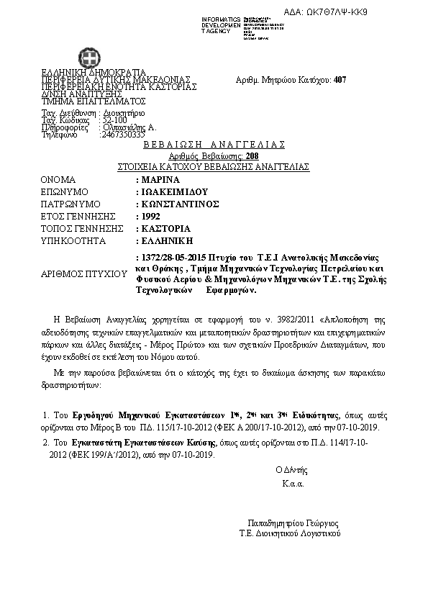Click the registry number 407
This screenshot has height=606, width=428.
(x=340, y=80)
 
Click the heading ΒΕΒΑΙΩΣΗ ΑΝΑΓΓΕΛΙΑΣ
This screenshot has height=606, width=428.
(x=214, y=145)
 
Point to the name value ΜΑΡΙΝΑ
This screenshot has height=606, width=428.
(x=159, y=179)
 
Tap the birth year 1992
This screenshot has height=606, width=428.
(x=150, y=216)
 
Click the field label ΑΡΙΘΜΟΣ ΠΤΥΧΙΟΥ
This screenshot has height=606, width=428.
(x=79, y=274)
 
